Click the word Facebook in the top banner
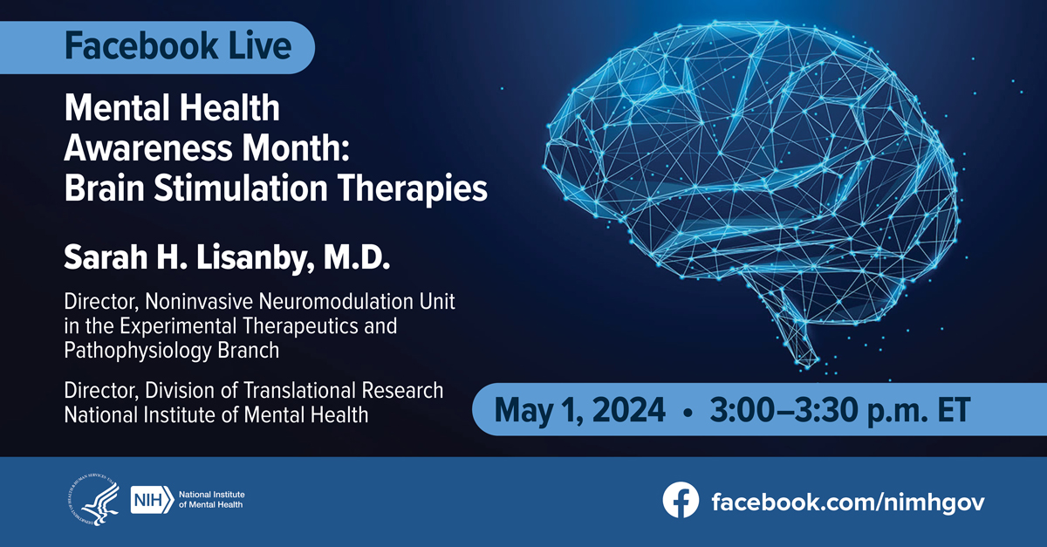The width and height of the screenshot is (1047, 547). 141,46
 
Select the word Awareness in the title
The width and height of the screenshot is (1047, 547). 148,147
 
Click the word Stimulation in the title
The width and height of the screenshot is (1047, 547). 240,188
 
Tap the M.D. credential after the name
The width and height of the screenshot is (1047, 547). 357,257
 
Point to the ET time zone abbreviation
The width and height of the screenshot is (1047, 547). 954,409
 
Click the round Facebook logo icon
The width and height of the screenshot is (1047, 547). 681,500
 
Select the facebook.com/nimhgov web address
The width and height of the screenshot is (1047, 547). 848,503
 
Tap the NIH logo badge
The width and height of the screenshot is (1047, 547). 152,500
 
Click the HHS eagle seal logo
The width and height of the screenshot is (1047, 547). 94,499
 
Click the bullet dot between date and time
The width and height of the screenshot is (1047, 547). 688,413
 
